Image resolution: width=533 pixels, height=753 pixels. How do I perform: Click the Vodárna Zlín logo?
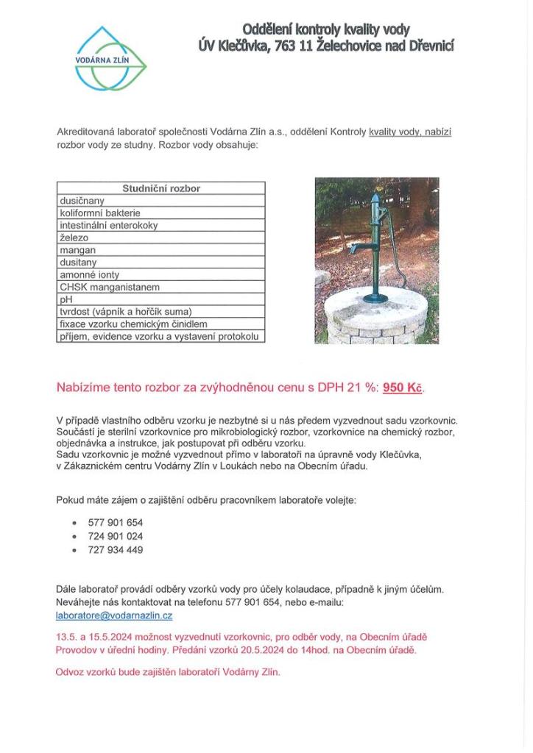pyautogui.click(x=110, y=59)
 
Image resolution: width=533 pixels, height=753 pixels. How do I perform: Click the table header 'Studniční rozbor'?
pyautogui.click(x=161, y=188)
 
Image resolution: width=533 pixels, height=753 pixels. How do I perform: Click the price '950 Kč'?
pyautogui.click(x=403, y=388)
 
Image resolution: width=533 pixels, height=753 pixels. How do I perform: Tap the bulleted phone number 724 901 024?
pyautogui.click(x=115, y=536)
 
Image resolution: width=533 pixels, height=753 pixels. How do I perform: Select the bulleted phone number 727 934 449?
pyautogui.click(x=115, y=549)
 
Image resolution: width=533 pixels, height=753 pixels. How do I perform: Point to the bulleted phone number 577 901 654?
pyautogui.click(x=115, y=523)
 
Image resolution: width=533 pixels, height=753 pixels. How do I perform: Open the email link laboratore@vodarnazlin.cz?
pyautogui.click(x=114, y=615)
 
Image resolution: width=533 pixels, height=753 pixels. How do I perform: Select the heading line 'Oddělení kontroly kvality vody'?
pyautogui.click(x=326, y=30)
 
